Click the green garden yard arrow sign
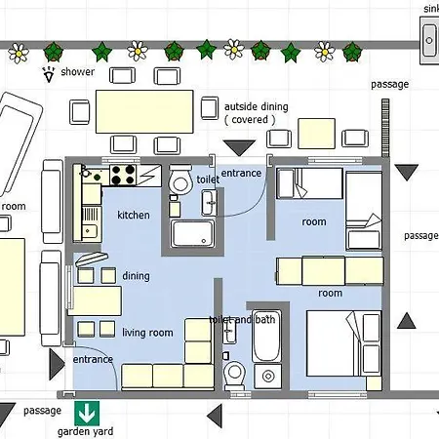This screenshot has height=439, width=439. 87,414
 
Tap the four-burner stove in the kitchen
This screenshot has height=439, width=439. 123,175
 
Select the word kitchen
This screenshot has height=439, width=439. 134,215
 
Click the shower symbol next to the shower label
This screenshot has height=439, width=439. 49,74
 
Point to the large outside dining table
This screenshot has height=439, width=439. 144,111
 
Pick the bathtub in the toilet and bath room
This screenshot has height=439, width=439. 266,336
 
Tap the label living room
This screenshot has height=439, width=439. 147,333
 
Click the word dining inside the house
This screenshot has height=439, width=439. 136,276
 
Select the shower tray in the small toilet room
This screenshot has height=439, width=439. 193,234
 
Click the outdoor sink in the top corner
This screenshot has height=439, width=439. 429,40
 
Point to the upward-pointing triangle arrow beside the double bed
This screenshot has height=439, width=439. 407,321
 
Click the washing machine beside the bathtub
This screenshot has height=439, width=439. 267,377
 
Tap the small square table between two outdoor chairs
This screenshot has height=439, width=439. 316,134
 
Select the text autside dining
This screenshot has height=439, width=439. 257,106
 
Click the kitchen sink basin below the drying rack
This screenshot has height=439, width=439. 89,231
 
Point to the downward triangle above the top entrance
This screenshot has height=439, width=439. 239,148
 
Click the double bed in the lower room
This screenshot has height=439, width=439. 343,343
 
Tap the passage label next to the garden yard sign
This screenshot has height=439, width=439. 42,411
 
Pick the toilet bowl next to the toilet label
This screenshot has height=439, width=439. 180,180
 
